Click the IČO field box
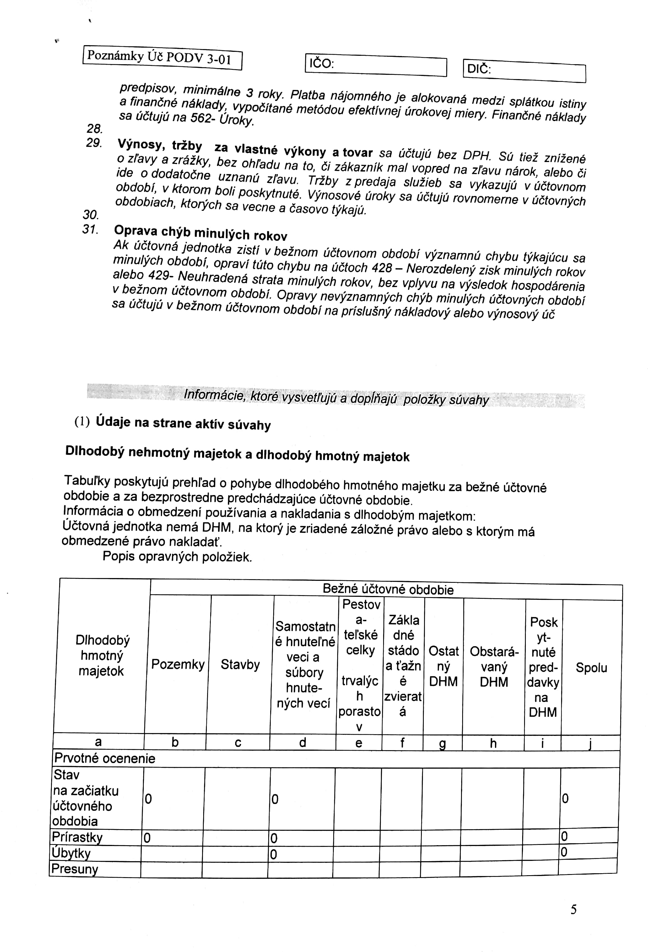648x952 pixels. pyautogui.click(x=375, y=66)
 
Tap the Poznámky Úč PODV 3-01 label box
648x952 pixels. pyautogui.click(x=162, y=58)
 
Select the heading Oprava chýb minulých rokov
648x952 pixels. pyautogui.click(x=201, y=234)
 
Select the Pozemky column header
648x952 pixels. pyautogui.click(x=178, y=664)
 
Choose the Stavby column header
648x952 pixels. pyautogui.click(x=240, y=664)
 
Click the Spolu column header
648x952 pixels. pyautogui.click(x=591, y=668)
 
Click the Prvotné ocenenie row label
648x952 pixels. pyautogui.click(x=105, y=759)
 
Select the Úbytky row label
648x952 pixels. pyautogui.click(x=71, y=853)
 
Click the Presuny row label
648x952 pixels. pyautogui.click(x=75, y=869)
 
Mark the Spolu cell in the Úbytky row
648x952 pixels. pyautogui.click(x=588, y=852)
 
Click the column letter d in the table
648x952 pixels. pyautogui.click(x=303, y=742)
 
